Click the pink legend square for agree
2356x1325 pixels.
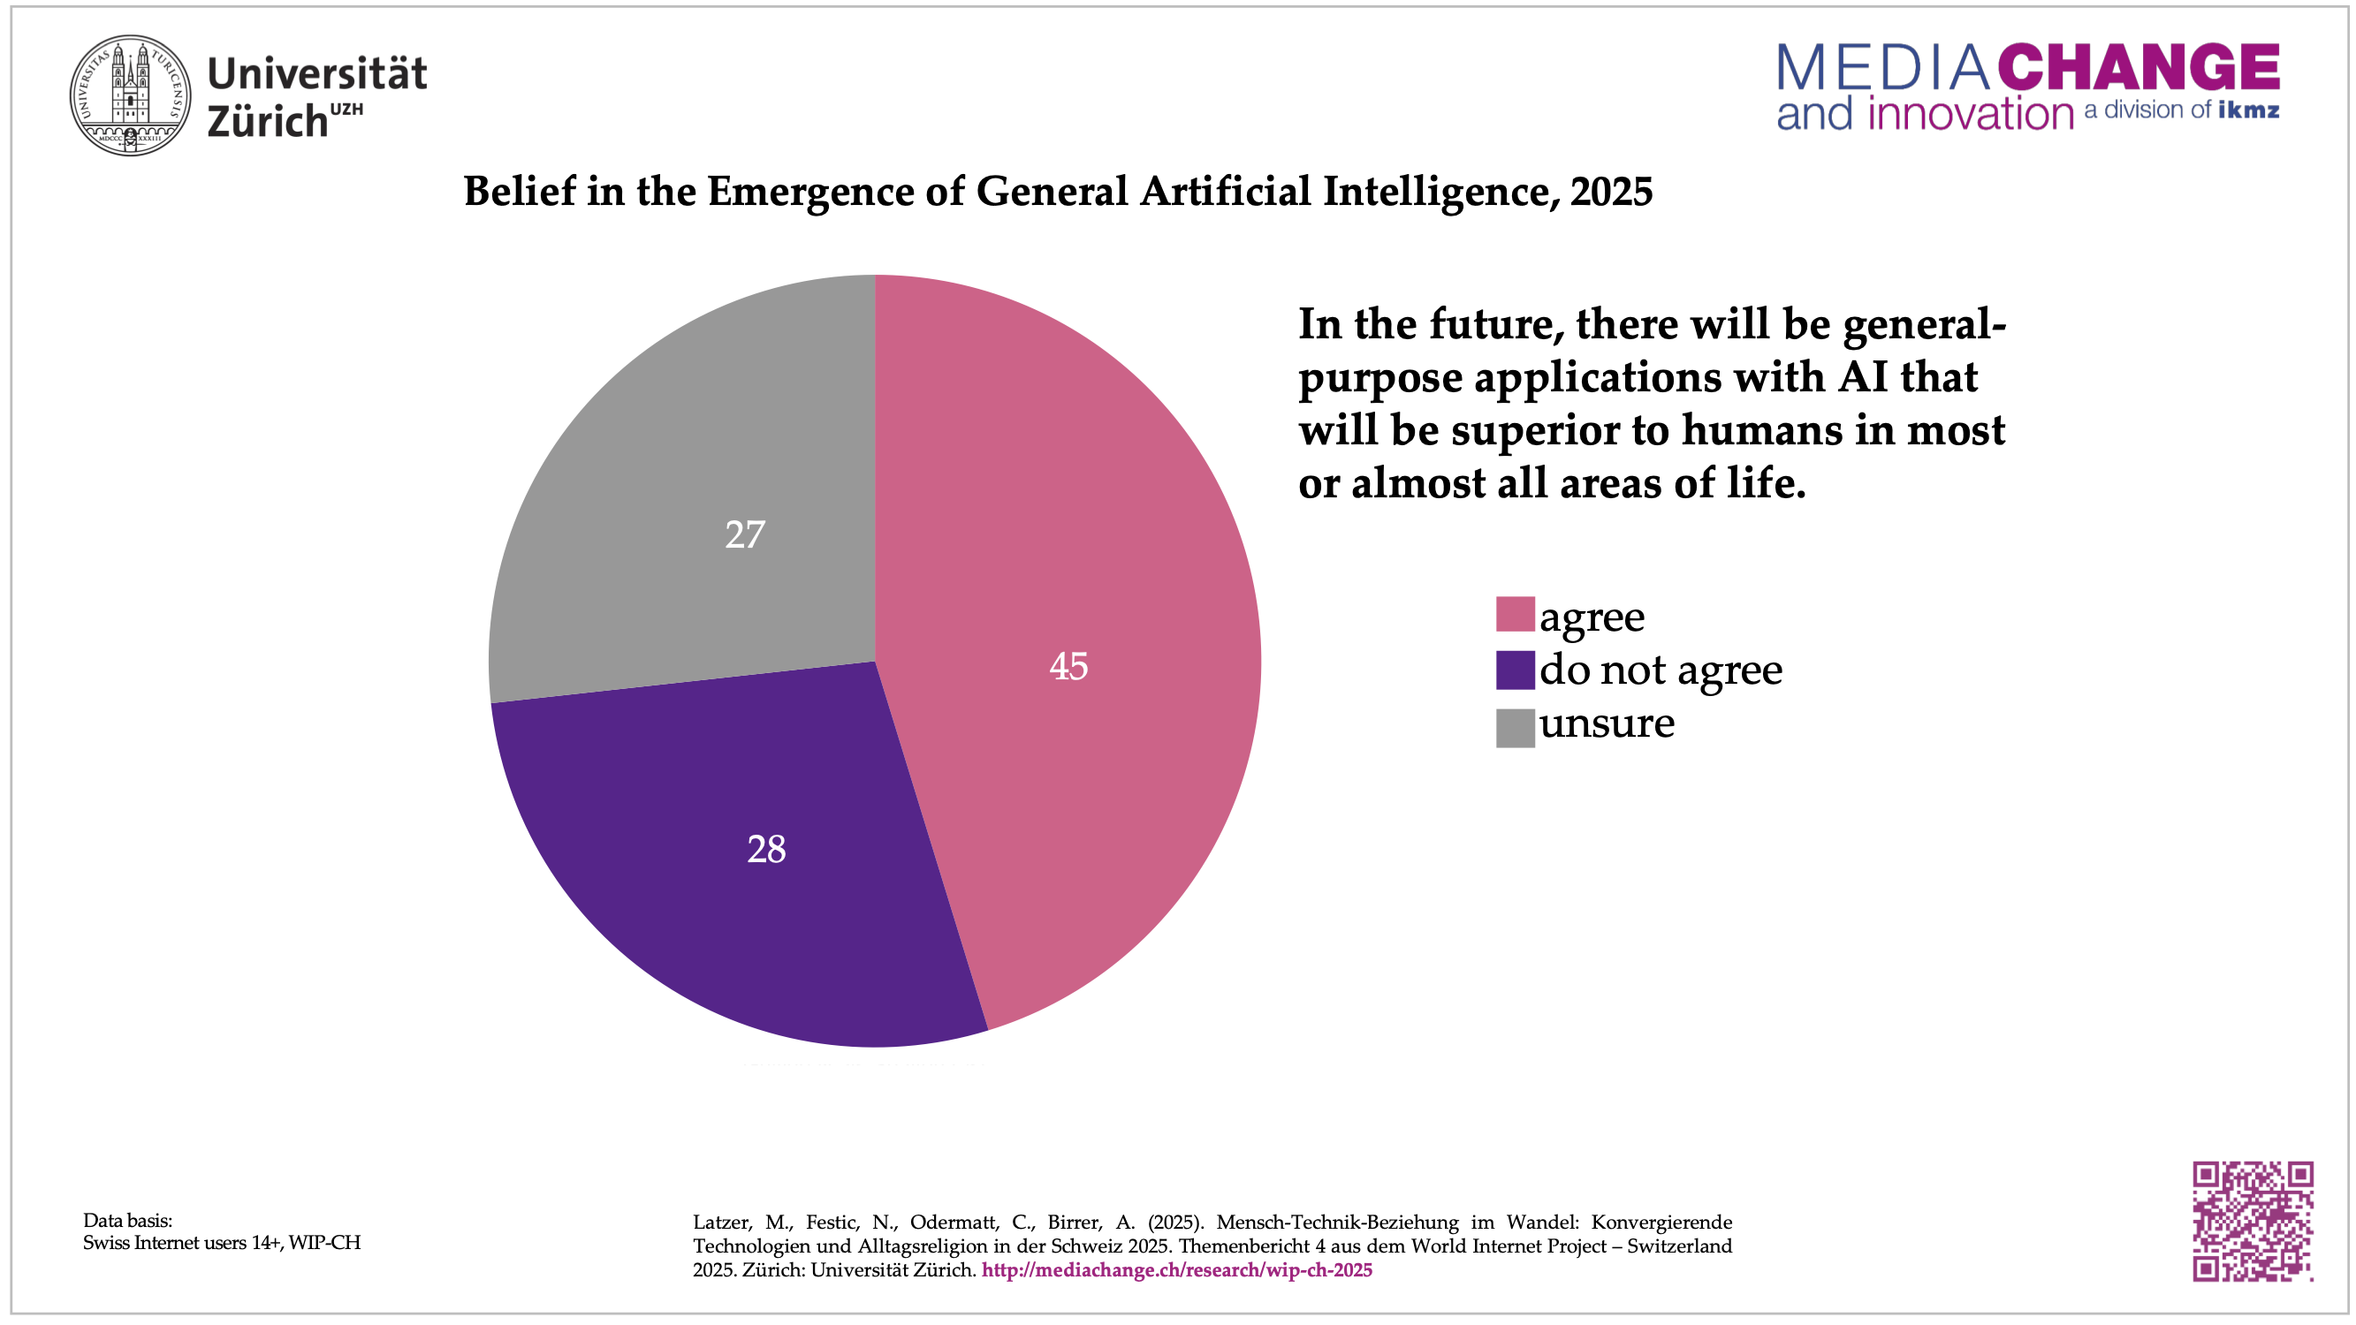tap(1515, 615)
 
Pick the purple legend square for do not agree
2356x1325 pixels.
tap(1515, 670)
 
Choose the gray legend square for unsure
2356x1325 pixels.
tap(1515, 728)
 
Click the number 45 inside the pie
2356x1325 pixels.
tap(1068, 666)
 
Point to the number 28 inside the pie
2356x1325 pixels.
tap(766, 849)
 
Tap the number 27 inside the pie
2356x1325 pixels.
tap(744, 534)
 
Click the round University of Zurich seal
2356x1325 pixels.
tap(131, 95)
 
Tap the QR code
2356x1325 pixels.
tap(2253, 1221)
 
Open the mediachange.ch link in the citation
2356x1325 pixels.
tap(1176, 1270)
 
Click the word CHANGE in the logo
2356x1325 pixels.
tap(2139, 67)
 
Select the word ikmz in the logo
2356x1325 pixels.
tap(2248, 110)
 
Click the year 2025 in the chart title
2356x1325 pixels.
tap(1612, 191)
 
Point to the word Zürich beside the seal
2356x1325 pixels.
tap(267, 122)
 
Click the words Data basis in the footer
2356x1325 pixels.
tap(127, 1220)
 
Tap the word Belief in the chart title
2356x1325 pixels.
tap(520, 191)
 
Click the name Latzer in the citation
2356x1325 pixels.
tap(722, 1223)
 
